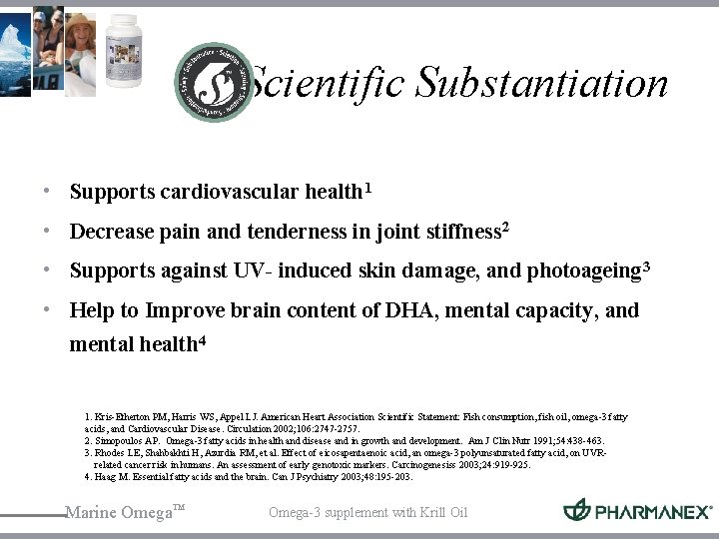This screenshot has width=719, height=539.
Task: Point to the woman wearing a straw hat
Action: point(81,40)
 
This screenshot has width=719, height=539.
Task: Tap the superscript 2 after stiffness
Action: point(505,229)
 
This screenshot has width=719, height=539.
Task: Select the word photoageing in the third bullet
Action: point(583,270)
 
